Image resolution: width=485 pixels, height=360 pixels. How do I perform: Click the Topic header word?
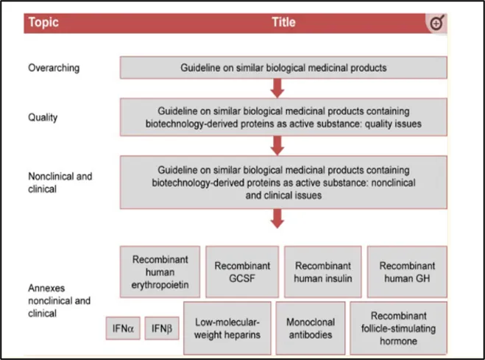43,22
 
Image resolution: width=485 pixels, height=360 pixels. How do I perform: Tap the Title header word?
283,22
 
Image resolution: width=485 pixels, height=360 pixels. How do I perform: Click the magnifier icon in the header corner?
437,23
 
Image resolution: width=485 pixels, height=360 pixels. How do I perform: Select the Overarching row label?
54,68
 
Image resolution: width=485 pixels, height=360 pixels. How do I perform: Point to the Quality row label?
43,118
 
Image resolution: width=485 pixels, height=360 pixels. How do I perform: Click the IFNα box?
123,328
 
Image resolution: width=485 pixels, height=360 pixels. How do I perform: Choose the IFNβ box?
162,328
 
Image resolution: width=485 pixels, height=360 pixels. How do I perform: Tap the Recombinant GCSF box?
242,272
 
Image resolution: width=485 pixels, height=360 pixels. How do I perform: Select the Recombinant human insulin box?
322,272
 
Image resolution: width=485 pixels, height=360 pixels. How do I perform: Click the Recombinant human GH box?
407,272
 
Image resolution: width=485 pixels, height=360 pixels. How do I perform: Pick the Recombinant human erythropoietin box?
160,272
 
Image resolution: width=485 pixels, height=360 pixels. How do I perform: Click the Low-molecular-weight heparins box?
227,328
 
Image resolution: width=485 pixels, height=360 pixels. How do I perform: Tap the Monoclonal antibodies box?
311,328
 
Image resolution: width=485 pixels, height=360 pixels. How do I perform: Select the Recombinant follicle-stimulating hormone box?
398,328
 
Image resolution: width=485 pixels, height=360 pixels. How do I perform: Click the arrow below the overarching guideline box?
277,88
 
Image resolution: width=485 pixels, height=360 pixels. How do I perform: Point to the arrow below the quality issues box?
277,146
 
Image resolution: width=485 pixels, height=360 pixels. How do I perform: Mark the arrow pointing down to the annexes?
277,219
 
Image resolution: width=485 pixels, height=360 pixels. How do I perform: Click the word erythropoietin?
160,285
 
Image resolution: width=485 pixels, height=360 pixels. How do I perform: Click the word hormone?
398,341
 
